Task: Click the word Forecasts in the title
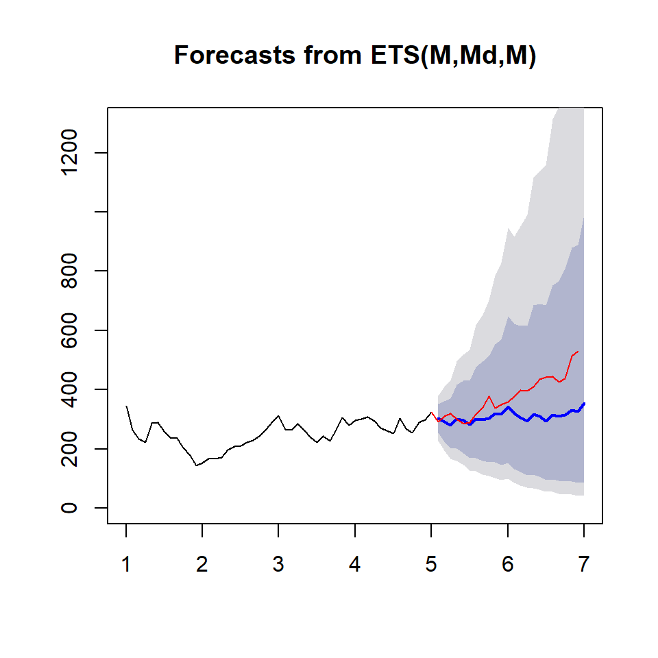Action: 234,55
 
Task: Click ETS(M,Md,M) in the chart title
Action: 453,56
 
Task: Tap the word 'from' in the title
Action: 333,55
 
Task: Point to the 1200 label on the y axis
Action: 69,152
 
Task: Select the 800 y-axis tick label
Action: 69,271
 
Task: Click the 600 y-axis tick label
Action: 69,330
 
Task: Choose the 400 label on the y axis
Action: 69,389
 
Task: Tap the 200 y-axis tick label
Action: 69,449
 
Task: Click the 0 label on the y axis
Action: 69,508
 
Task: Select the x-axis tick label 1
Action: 126,564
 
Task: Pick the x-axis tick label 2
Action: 202,564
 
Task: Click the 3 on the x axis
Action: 278,564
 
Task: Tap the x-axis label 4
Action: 354,564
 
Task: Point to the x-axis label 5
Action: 431,564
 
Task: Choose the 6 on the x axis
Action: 508,564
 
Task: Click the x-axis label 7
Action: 584,564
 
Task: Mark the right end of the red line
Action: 578,351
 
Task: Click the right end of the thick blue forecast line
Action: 584,403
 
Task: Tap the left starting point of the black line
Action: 126,406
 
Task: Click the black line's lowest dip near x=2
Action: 196,465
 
